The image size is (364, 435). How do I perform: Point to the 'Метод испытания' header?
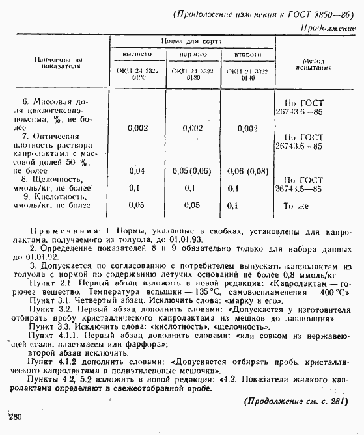click(x=313, y=64)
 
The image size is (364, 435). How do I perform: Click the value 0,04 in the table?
click(x=137, y=170)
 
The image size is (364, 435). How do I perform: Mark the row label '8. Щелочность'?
click(x=54, y=179)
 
